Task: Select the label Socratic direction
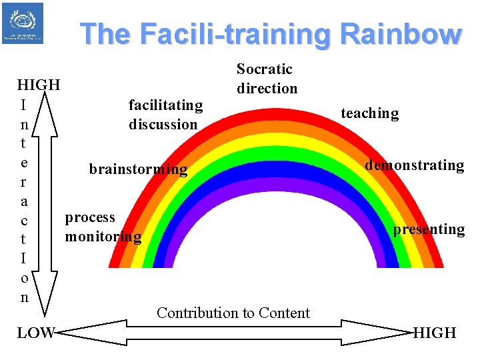(x=267, y=79)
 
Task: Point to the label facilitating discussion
(x=165, y=115)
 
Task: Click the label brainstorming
(x=138, y=169)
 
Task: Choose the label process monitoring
(x=103, y=227)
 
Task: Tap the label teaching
(x=369, y=113)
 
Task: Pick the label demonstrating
(x=414, y=165)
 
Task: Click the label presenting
(x=429, y=229)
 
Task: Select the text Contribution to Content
(x=233, y=313)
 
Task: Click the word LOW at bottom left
(x=35, y=333)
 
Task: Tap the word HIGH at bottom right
(x=435, y=333)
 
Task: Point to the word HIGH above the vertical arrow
(x=39, y=85)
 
